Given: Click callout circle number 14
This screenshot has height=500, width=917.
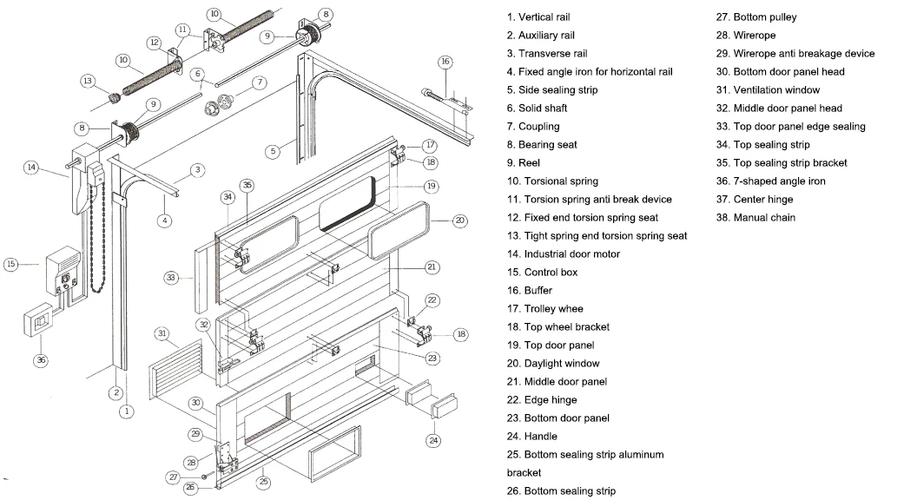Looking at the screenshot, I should [x=31, y=168].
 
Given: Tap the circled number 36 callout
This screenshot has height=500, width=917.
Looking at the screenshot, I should [x=38, y=360].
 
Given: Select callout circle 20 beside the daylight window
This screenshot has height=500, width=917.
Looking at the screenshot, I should [x=460, y=220].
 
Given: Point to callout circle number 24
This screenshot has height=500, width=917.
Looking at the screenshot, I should [x=433, y=440].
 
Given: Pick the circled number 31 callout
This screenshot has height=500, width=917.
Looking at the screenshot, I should [x=162, y=333].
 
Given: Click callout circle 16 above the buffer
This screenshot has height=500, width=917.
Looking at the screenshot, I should [x=445, y=62].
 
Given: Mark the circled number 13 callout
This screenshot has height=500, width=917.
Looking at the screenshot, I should [x=87, y=81].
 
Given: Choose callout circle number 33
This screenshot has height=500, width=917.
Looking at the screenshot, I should [x=171, y=278].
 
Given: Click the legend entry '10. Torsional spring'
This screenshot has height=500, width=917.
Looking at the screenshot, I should [x=552, y=181].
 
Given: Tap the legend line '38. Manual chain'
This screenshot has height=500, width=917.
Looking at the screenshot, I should [x=755, y=218].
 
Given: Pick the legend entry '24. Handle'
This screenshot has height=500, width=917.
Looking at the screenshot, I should [x=532, y=437].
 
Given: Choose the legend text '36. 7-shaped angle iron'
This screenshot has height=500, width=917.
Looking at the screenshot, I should [x=770, y=181].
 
